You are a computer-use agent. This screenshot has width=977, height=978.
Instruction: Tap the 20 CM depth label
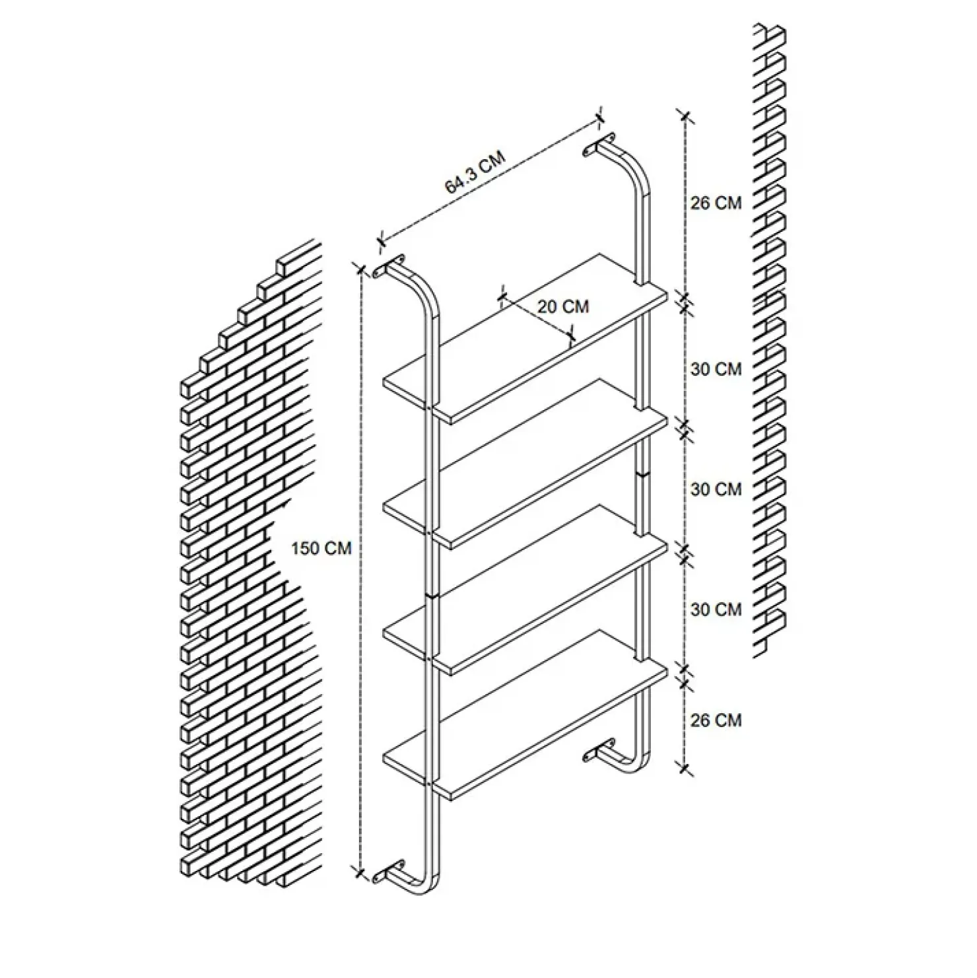(563, 307)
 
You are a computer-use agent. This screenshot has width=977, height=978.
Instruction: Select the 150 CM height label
(321, 548)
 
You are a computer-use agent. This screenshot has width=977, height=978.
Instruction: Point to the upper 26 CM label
(716, 203)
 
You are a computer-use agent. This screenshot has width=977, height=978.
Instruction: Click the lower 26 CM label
(716, 720)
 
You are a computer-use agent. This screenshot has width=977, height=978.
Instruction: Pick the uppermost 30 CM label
(716, 369)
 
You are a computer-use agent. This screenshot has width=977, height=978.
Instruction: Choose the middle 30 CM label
(716, 489)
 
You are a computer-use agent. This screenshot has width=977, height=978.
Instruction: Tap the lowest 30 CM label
(716, 609)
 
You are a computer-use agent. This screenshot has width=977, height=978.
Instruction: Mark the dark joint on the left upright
(432, 596)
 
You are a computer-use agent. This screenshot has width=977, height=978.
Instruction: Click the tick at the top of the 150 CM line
(360, 269)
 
